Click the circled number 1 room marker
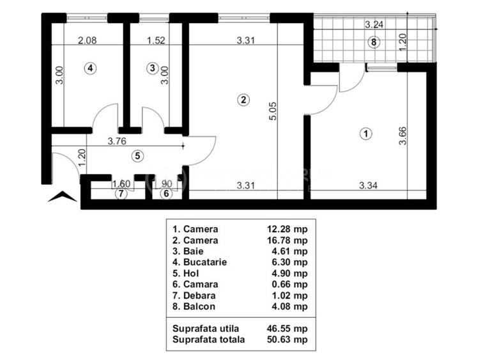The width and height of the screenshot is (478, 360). (365, 134)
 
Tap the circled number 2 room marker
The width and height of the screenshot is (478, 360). (243, 99)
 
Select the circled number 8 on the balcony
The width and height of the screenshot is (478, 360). (374, 42)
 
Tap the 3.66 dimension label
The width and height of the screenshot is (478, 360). (403, 136)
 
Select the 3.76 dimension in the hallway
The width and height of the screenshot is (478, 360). (116, 141)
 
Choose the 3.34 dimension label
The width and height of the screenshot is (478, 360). (369, 186)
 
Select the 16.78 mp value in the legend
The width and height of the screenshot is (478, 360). (287, 240)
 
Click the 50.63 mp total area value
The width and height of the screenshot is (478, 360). (287, 340)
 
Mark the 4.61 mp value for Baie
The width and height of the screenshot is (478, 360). (287, 251)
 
